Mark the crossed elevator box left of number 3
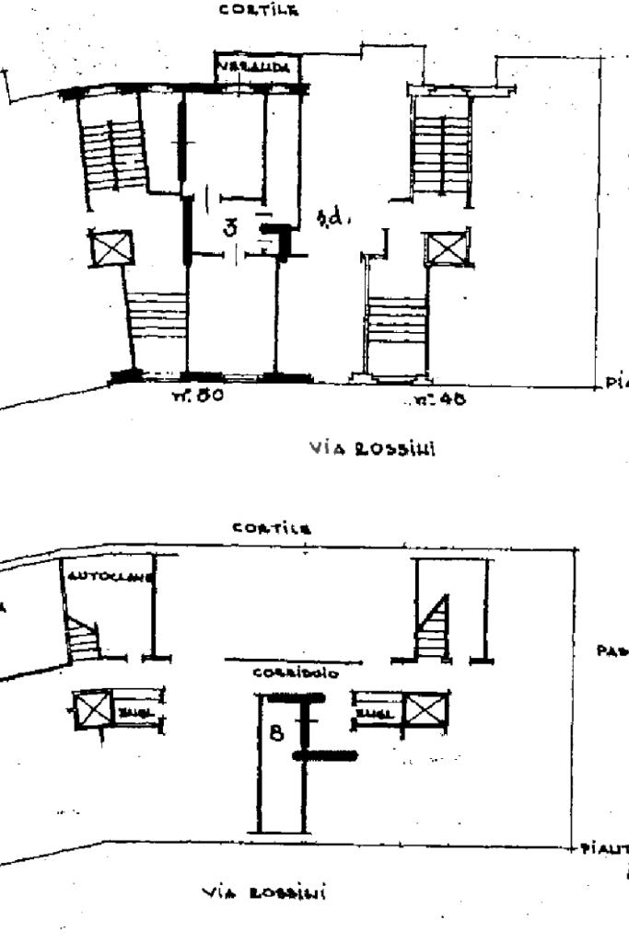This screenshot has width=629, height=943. tap(111, 247)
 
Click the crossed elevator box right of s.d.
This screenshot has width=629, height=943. tap(446, 249)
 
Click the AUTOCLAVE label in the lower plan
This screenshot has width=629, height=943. tap(110, 577)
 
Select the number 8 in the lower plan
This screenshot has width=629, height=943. tap(275, 735)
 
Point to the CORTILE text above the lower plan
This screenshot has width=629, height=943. tap(271, 529)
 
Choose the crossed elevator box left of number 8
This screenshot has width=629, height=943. tap(91, 709)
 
